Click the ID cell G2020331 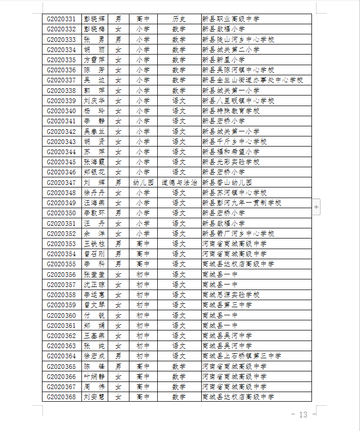(x=61, y=19)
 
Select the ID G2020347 (x=61, y=182)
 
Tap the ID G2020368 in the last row (x=61, y=397)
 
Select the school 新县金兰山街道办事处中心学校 (x=252, y=80)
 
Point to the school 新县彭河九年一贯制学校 (x=242, y=203)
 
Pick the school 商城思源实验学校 (x=231, y=295)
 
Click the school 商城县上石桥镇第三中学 (x=242, y=356)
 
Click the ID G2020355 (x=61, y=264)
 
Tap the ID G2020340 (x=61, y=111)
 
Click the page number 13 (x=303, y=415)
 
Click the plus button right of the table (x=317, y=207)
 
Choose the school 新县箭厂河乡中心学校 (x=238, y=233)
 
